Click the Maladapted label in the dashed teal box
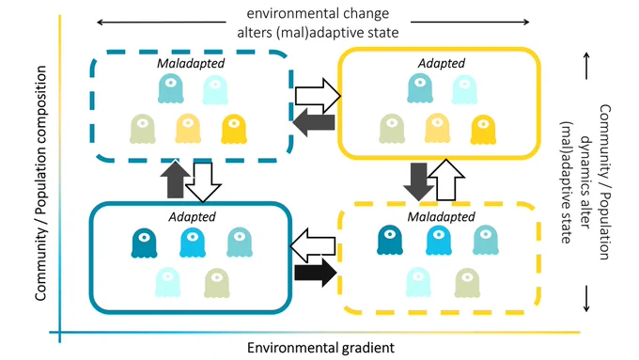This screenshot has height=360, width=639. (191, 63)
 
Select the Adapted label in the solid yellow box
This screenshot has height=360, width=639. (442, 63)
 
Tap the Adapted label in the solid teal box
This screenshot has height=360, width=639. (192, 216)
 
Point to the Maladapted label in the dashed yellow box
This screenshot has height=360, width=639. (442, 216)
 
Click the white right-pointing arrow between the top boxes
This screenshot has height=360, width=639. (318, 96)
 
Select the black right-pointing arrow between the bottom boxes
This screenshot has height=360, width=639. (316, 273)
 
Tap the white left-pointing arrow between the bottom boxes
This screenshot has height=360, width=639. (313, 245)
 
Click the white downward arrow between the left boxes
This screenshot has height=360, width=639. (203, 182)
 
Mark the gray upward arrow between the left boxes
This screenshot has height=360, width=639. (176, 179)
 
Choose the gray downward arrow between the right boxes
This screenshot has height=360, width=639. (419, 181)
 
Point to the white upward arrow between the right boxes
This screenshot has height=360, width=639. (446, 180)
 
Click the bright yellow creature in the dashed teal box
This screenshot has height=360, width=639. (234, 129)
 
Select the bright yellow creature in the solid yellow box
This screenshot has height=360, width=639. (483, 130)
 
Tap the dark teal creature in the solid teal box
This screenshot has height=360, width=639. (145, 243)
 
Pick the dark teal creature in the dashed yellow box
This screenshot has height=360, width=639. (390, 240)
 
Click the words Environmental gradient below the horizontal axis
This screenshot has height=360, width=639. (320, 348)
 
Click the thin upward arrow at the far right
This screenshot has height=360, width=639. (586, 66)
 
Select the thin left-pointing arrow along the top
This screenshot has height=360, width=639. (161, 22)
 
